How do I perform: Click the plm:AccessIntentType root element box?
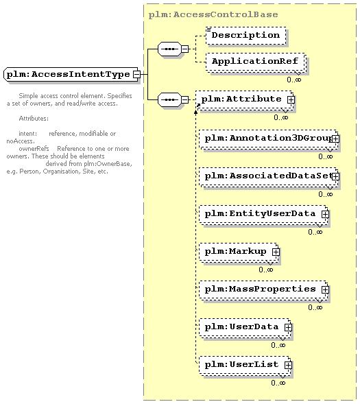click(x=71, y=75)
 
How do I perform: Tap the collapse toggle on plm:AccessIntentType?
click(x=136, y=75)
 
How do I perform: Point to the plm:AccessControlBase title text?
click(x=213, y=14)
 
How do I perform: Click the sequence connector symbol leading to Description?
click(x=169, y=49)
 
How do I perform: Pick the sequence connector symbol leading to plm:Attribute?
click(x=169, y=99)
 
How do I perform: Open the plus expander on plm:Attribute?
click(x=291, y=99)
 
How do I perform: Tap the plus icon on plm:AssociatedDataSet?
click(x=335, y=176)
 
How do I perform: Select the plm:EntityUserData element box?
click(x=263, y=215)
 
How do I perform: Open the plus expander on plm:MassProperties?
click(x=325, y=289)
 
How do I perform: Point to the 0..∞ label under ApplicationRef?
click(x=293, y=80)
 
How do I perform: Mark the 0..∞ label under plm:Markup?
click(x=266, y=270)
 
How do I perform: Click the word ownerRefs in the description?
click(x=34, y=149)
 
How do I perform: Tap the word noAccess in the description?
click(x=20, y=141)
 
